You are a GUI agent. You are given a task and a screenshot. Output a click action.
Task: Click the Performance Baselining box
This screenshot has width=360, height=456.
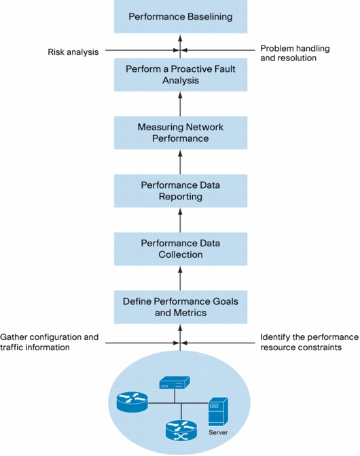click(x=181, y=16)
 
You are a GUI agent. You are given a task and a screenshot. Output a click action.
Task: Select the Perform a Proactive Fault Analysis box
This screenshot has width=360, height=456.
click(x=181, y=75)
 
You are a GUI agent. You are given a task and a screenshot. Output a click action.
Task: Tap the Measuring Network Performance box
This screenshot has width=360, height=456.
click(x=181, y=133)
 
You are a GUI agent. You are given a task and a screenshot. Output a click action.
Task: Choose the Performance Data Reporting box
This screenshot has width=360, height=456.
click(x=181, y=191)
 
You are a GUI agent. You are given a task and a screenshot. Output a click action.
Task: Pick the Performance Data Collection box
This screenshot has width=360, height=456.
click(x=181, y=249)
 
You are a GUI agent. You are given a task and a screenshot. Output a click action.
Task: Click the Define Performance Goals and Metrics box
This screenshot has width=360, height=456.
click(x=181, y=307)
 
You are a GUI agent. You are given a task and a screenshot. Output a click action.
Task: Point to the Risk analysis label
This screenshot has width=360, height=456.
click(x=73, y=52)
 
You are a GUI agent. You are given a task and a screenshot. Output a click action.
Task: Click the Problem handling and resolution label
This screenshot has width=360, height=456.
click(x=295, y=53)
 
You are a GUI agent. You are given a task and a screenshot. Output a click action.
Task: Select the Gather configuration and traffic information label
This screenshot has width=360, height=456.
click(x=49, y=342)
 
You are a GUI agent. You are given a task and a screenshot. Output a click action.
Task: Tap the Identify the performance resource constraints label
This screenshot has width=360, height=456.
click(x=309, y=342)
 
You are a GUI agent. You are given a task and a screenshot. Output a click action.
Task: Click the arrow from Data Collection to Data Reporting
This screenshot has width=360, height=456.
click(x=180, y=220)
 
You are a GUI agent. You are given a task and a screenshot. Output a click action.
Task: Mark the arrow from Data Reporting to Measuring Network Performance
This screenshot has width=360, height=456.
click(x=180, y=162)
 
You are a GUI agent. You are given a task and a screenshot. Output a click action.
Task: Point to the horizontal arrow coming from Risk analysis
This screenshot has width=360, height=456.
click(x=142, y=50)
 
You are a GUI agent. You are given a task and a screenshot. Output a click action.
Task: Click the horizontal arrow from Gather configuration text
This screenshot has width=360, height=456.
click(x=142, y=343)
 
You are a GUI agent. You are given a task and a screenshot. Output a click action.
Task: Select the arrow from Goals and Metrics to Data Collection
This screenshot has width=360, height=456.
click(x=180, y=278)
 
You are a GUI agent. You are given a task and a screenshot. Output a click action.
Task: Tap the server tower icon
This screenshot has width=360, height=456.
click(x=218, y=412)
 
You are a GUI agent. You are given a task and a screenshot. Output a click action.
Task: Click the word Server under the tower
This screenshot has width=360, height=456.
click(x=218, y=432)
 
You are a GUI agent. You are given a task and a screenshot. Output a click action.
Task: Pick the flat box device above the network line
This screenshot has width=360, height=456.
click(x=175, y=383)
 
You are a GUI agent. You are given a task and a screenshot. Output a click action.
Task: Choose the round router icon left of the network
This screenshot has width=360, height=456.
click(x=132, y=402)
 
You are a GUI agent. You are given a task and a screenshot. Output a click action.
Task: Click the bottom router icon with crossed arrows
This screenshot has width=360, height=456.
click(x=181, y=431)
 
